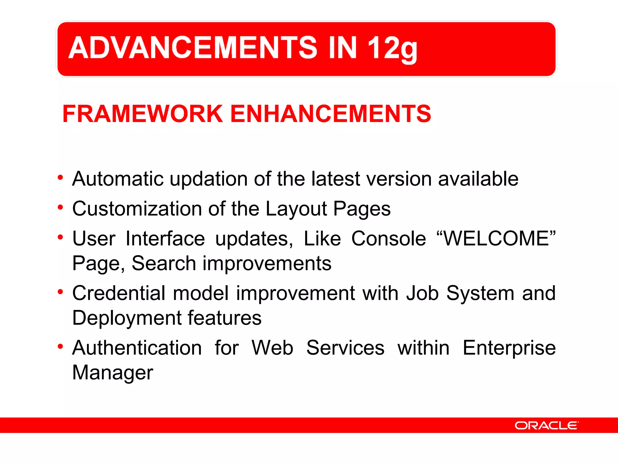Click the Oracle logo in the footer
546,426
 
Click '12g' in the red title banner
392,48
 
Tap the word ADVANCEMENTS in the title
193,47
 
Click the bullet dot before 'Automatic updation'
61,177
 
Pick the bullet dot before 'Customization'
61,207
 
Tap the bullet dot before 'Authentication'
61,346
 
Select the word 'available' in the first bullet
478,179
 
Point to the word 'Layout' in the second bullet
296,209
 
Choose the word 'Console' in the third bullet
388,238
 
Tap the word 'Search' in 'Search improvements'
164,263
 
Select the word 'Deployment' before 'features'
126,318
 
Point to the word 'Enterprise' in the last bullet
509,348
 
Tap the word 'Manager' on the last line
113,372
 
